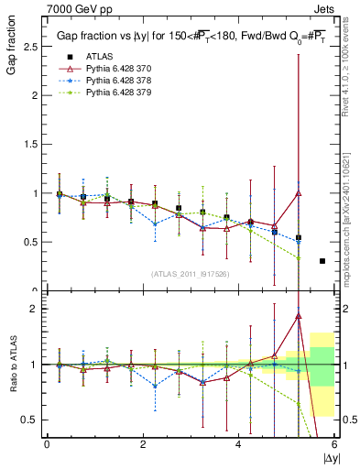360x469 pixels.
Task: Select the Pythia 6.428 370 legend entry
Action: click(x=114, y=69)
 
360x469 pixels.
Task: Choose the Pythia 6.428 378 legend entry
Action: click(x=114, y=81)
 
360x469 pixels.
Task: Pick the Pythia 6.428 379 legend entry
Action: click(x=114, y=93)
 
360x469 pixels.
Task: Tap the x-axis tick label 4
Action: click(x=238, y=445)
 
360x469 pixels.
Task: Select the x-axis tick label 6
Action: click(x=334, y=445)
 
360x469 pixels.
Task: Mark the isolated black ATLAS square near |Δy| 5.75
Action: click(x=322, y=261)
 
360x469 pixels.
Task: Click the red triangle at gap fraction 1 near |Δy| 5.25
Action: click(x=299, y=193)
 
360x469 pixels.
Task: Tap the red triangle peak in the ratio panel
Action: click(x=299, y=316)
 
